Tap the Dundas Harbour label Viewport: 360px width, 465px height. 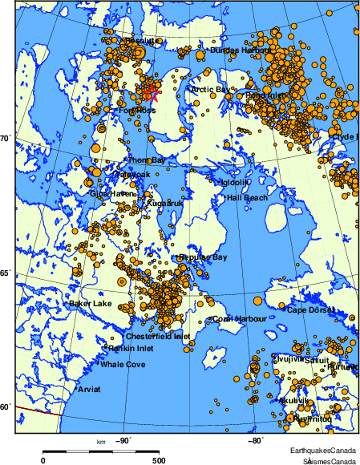coord(240,50)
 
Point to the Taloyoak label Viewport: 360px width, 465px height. coord(132,174)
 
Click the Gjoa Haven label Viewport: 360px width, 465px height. coord(114,193)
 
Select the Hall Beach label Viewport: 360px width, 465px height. coord(247,197)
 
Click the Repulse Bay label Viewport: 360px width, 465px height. coord(204,257)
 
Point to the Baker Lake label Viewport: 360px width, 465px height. coord(91,304)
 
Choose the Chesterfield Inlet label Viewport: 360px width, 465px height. coord(158,337)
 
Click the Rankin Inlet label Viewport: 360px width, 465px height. coord(131,348)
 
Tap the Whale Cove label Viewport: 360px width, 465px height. coord(123,365)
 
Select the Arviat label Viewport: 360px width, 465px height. coord(91,389)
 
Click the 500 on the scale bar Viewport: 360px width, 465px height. coord(159,460)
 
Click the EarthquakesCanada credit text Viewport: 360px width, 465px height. coord(325,451)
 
